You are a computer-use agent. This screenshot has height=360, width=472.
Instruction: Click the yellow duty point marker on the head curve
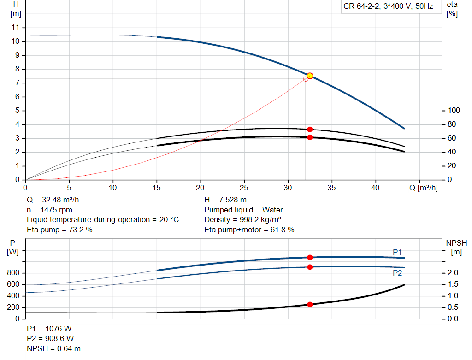(310, 76)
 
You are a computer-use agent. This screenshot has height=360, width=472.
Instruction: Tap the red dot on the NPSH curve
(310, 304)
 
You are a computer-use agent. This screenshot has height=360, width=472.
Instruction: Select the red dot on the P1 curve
(310, 257)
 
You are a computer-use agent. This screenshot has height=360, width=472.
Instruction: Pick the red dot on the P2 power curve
(310, 267)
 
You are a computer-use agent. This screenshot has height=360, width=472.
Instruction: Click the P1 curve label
(397, 252)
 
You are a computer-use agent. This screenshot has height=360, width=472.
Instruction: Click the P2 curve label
(397, 273)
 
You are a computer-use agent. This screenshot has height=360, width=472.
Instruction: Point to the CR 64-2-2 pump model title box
(391, 6)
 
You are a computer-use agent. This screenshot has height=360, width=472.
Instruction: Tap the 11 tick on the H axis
(15, 28)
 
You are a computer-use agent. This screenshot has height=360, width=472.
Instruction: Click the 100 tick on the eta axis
(454, 111)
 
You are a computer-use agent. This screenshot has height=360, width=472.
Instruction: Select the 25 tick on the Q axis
(244, 188)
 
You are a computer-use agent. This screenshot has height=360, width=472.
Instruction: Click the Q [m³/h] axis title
(424, 188)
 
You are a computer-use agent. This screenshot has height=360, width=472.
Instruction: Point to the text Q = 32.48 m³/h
(53, 200)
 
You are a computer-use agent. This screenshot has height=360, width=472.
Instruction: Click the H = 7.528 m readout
(225, 200)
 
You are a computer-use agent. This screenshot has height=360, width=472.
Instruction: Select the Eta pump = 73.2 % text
(59, 230)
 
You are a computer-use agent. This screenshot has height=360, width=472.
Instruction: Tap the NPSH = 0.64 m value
(53, 348)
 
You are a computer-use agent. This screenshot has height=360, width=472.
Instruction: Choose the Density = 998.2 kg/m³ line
(242, 220)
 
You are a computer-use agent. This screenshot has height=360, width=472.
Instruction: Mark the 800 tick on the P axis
(13, 273)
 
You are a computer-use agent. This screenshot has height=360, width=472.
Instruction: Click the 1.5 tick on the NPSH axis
(453, 284)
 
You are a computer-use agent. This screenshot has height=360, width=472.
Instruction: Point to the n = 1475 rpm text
(50, 210)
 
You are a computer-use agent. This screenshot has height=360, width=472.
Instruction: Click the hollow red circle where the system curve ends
(306, 79)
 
